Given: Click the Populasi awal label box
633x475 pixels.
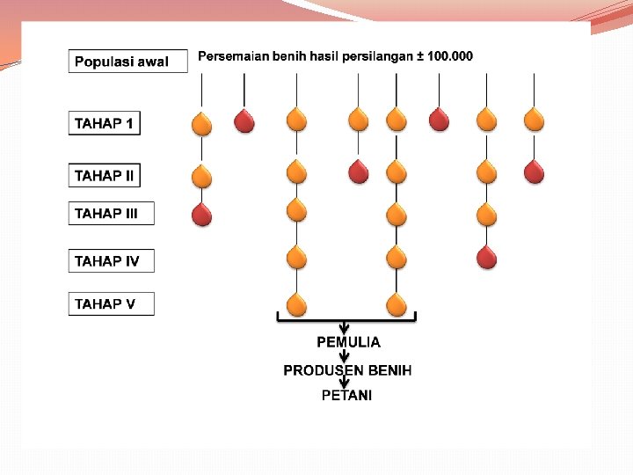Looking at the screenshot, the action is point(127,62).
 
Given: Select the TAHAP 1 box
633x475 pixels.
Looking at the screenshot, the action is point(104,124).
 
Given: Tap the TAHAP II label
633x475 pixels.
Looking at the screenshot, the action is point(104,176).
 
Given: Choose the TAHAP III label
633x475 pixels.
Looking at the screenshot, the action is point(111,213).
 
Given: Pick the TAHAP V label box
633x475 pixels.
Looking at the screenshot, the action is point(111,304).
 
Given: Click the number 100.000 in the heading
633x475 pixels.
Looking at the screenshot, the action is point(449,56).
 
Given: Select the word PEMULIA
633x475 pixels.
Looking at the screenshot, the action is point(348,342).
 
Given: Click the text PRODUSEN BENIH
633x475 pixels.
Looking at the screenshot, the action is point(347,370).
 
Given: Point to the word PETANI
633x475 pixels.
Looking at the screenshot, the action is point(347,396).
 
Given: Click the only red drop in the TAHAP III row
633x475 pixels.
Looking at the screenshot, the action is point(202,214).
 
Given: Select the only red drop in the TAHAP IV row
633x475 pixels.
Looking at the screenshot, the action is point(486,257).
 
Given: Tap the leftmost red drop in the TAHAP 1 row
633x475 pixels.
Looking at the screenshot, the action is point(244,121).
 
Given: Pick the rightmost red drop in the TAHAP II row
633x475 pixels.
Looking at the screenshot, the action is point(534,172).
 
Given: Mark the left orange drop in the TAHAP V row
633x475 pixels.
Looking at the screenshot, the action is point(297,303).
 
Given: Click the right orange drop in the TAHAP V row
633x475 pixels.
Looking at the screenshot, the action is point(397,303).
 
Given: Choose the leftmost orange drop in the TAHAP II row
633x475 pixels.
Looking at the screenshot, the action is point(202,176).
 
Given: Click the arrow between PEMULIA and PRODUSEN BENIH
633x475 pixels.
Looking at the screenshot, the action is point(346,357).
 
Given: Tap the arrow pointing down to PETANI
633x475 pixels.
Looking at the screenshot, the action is point(346,383).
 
